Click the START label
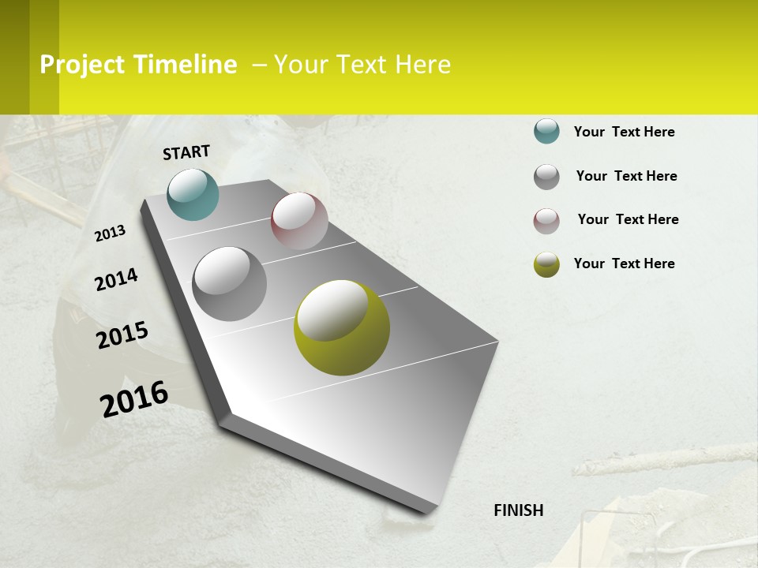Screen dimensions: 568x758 186,152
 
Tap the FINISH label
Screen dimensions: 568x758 519,510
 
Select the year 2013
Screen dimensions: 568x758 110,234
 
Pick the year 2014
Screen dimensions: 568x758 116,279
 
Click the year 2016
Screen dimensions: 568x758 134,398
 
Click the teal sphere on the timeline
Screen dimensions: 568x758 193,194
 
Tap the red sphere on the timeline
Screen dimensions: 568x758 299,221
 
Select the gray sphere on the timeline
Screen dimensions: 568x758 229,284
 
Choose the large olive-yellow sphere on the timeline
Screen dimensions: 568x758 342,327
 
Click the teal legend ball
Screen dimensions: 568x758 546,131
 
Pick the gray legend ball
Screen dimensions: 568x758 546,177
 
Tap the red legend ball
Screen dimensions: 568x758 546,221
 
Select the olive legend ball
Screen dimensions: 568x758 546,264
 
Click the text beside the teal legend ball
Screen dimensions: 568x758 624,132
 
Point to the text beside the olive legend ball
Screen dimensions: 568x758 624,263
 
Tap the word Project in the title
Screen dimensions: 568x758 82,65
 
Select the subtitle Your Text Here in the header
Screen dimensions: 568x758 362,65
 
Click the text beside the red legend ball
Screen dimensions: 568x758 628,219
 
